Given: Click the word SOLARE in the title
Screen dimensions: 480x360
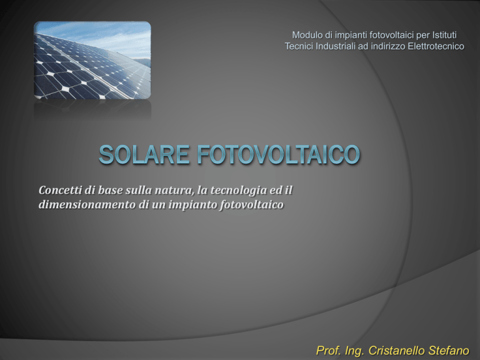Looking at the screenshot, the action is coord(144,154).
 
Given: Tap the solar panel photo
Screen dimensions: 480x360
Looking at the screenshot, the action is coord(92,60).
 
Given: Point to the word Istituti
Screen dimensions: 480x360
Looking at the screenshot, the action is coord(444,35).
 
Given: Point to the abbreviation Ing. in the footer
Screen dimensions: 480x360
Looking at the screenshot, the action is coord(355,351).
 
